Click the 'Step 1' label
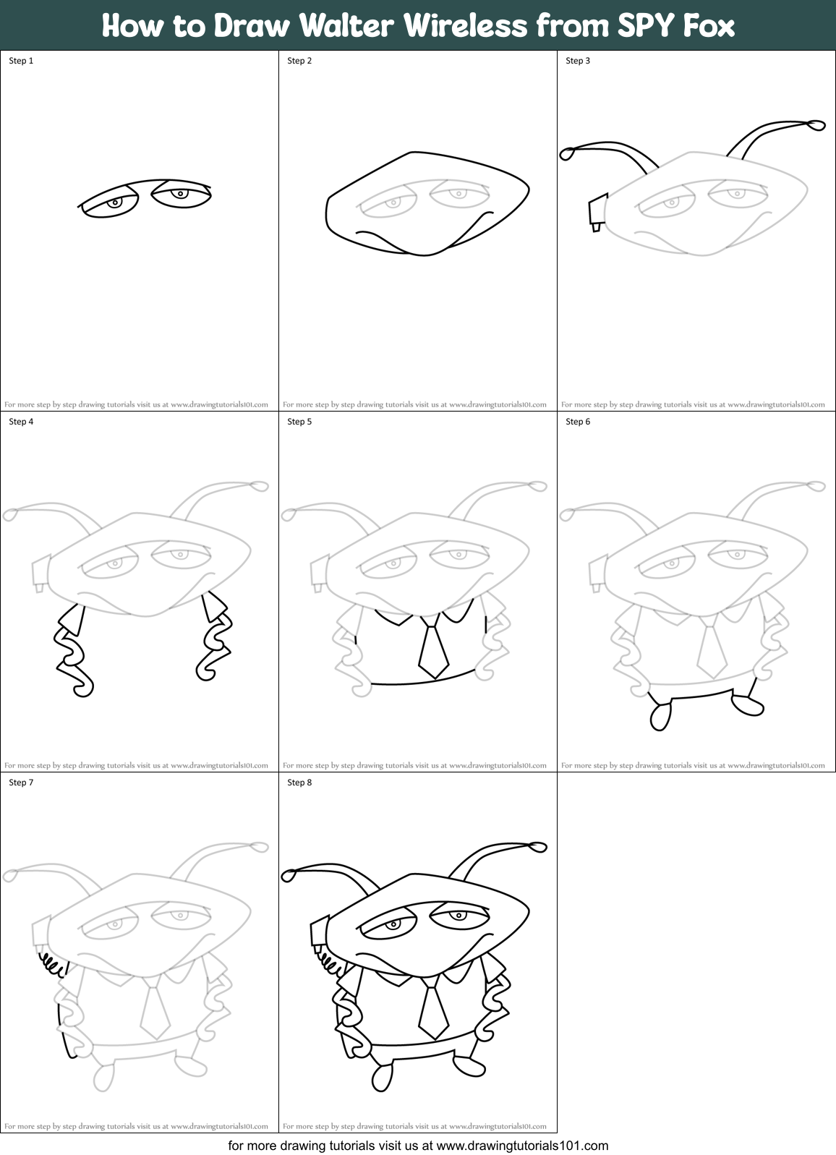tap(21, 61)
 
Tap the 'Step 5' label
tap(299, 422)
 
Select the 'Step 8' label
tap(299, 783)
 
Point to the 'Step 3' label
tap(578, 61)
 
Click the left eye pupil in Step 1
tap(114, 203)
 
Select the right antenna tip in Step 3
tap(816, 126)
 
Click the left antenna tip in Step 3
tap(568, 153)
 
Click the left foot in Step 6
tap(660, 716)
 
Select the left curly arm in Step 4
tap(72, 651)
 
